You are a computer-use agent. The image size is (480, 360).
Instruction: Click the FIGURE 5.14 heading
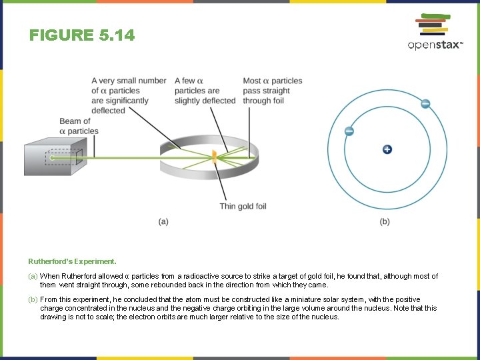(x=82, y=35)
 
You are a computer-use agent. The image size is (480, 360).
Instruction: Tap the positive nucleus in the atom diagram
(x=387, y=149)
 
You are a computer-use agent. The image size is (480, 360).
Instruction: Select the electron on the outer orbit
(x=425, y=103)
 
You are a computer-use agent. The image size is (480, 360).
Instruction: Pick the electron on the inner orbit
(x=349, y=131)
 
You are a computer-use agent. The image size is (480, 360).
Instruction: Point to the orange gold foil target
(x=215, y=157)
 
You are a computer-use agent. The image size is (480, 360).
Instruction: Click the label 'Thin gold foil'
(x=243, y=206)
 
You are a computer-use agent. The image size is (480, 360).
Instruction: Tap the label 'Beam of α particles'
(x=79, y=126)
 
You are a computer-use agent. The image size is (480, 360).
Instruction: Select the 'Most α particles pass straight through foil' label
(x=272, y=91)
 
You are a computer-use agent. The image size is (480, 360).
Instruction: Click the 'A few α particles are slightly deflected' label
(x=205, y=91)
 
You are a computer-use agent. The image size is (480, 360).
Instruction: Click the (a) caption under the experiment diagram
(x=163, y=221)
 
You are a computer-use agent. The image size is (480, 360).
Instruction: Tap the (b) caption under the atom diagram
(x=385, y=221)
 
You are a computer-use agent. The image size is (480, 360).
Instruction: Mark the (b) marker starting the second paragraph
(x=33, y=300)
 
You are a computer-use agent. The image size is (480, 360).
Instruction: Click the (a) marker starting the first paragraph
(x=33, y=276)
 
